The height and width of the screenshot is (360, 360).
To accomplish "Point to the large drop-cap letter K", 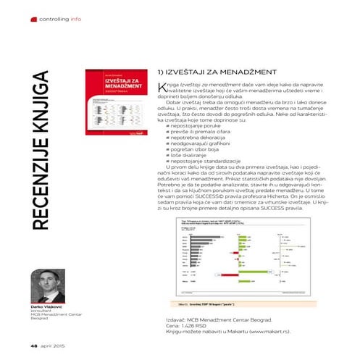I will coord(162,88).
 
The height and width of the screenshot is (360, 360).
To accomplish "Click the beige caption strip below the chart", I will coord(235,304).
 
